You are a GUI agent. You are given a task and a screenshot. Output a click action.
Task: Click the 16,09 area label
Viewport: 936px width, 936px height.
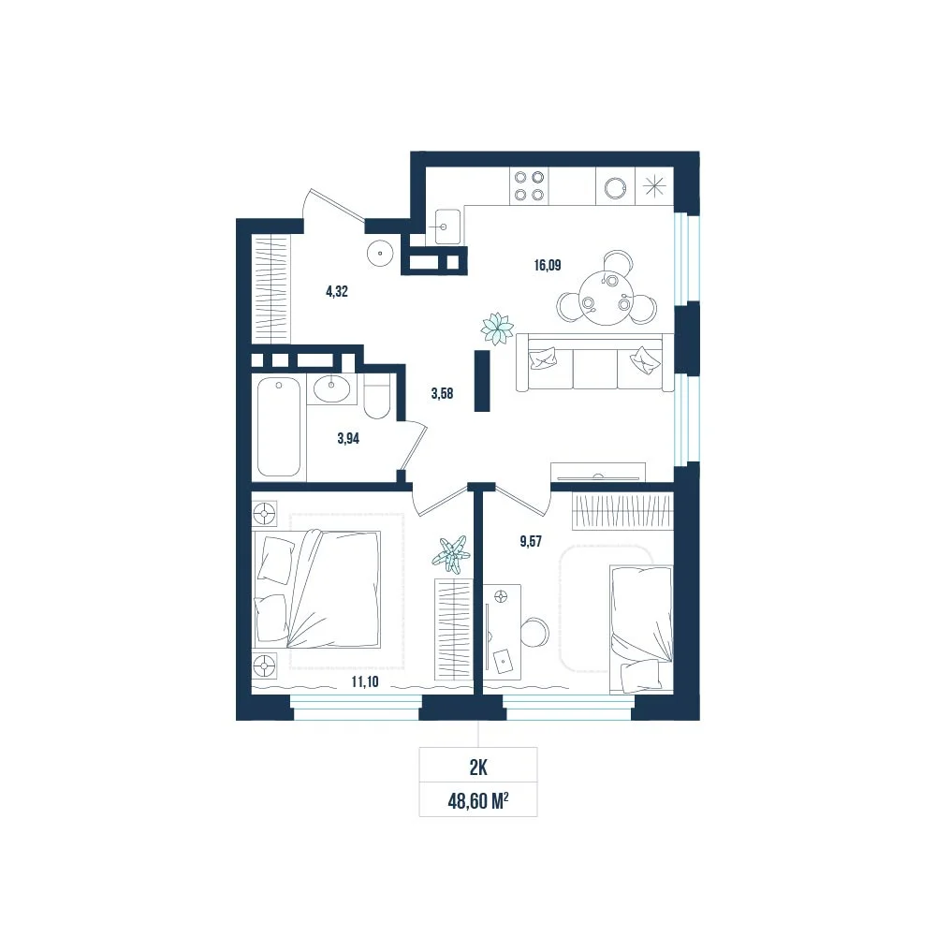pyautogui.click(x=548, y=265)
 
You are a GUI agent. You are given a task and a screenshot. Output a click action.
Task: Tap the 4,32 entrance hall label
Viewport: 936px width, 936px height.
pyautogui.click(x=337, y=291)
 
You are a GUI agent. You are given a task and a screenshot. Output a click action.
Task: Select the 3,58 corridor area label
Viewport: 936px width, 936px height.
pyautogui.click(x=443, y=393)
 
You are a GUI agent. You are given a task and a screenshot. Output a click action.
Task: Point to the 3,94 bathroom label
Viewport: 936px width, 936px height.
pyautogui.click(x=348, y=439)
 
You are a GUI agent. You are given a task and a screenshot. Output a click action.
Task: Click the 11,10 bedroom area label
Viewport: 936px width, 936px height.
pyautogui.click(x=365, y=681)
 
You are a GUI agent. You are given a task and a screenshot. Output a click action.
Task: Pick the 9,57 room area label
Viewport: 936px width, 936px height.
pyautogui.click(x=531, y=541)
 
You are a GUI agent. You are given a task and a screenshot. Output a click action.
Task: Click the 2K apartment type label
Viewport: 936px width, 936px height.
pyautogui.click(x=478, y=768)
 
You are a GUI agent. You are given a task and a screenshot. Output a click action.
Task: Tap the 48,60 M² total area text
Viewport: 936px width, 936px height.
pyautogui.click(x=478, y=800)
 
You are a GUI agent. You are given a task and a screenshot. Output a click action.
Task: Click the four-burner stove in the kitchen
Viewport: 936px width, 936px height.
pyautogui.click(x=529, y=185)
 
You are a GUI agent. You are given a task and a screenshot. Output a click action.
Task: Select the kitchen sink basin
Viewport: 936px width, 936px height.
pyautogui.click(x=447, y=227)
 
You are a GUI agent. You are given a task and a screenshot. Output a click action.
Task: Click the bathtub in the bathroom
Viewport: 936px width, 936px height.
pyautogui.click(x=279, y=428)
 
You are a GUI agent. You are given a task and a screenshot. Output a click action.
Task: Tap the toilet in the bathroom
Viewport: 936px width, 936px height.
pyautogui.click(x=376, y=398)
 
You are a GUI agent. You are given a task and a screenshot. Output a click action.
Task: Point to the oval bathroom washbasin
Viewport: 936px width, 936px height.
pyautogui.click(x=331, y=388)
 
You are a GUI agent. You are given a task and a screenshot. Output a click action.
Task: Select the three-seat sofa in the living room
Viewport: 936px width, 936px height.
pyautogui.click(x=594, y=362)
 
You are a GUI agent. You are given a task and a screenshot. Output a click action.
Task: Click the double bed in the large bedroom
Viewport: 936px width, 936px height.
pyautogui.click(x=317, y=589)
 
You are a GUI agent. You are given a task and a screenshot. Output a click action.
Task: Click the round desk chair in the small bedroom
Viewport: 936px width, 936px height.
pyautogui.click(x=534, y=633)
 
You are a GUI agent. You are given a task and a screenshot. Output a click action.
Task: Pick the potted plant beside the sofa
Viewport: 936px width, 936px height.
pyautogui.click(x=497, y=329)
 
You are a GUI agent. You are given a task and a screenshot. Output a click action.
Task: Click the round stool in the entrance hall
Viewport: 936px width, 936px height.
pyautogui.click(x=380, y=253)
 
